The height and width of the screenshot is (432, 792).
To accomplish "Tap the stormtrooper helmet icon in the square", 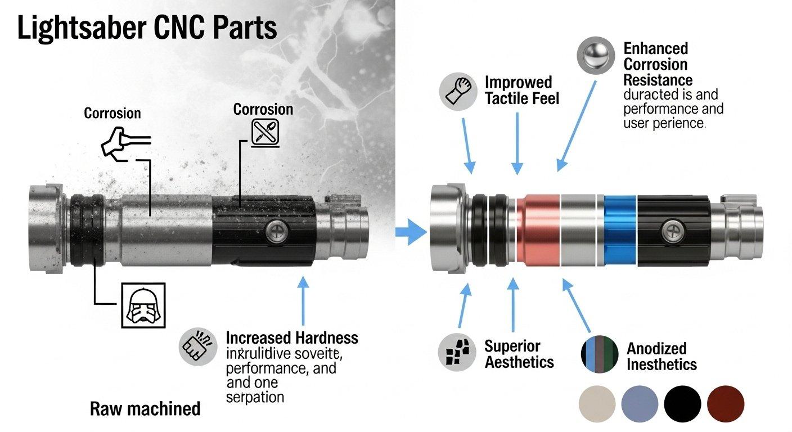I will (143, 305).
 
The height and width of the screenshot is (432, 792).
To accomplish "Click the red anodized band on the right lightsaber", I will (539, 231).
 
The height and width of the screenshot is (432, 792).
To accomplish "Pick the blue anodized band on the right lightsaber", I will (619, 231).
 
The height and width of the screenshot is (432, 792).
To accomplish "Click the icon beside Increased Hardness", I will (197, 345).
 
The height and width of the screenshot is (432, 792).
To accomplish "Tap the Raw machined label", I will (145, 408).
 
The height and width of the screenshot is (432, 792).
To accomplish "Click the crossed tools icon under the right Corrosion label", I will (263, 133).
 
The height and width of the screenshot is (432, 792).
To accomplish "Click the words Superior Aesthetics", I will (519, 354).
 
